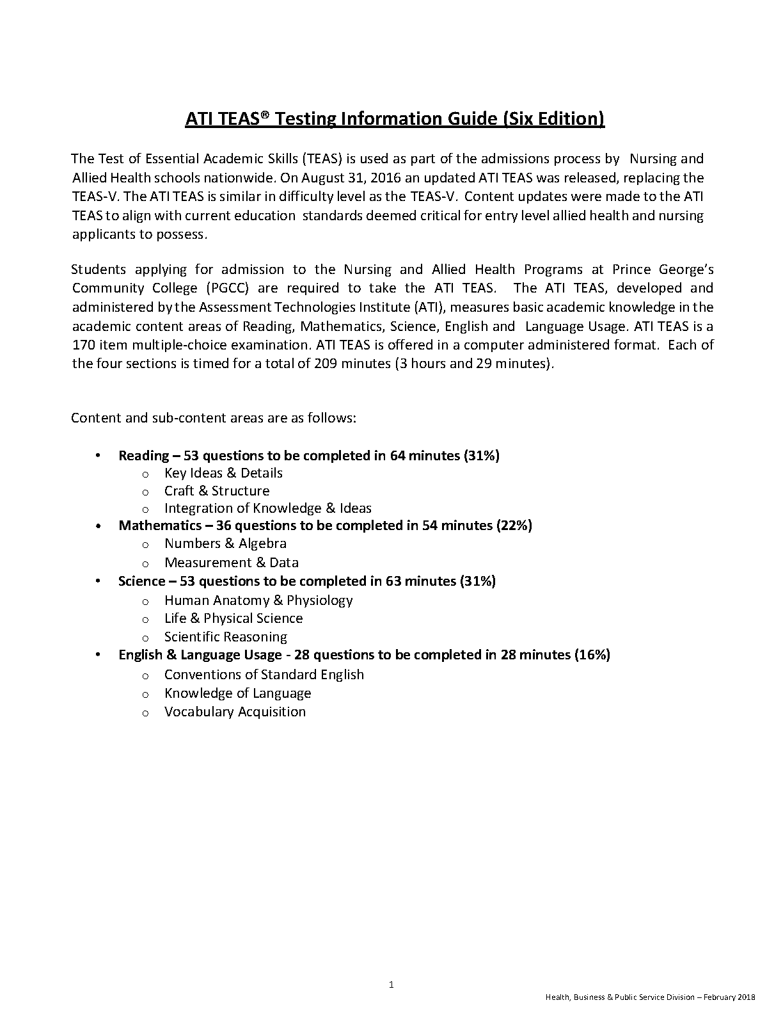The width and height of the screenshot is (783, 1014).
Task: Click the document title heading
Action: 394,120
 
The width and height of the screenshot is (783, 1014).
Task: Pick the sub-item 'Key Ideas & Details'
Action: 223,473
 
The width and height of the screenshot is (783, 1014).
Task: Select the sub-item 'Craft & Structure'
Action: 217,491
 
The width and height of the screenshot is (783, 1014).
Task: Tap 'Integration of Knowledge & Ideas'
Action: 267,508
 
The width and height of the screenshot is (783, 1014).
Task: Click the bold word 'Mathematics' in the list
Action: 160,526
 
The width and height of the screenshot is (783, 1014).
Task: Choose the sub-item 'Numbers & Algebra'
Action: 225,543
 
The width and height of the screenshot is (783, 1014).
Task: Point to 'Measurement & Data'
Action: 232,563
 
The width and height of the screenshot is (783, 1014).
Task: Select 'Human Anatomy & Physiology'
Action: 258,600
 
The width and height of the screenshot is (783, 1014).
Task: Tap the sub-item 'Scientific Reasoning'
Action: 226,637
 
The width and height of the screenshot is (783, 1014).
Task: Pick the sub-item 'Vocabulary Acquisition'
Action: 235,712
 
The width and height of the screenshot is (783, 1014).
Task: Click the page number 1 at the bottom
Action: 391,985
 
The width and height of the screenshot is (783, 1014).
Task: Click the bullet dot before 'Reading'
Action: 97,456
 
